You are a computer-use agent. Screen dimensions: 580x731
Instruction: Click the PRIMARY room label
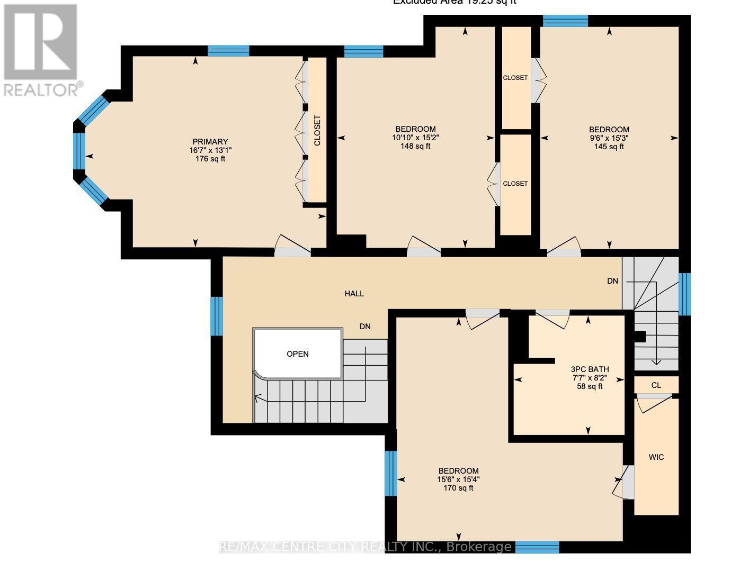pos(210,141)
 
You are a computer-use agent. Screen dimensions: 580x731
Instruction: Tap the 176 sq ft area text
pos(210,159)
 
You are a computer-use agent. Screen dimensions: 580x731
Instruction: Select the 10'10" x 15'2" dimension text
pos(415,138)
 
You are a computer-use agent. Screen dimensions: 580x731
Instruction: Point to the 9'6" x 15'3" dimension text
pos(609,138)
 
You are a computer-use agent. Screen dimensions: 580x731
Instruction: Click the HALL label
pos(354,294)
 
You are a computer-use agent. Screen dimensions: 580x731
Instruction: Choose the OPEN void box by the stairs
pos(297,354)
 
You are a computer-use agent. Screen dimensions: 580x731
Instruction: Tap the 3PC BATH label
pos(589,369)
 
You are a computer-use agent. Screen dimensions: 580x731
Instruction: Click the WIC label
pos(656,457)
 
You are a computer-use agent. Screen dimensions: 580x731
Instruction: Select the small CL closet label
pos(656,385)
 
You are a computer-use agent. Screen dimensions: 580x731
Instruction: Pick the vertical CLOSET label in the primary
pos(317,131)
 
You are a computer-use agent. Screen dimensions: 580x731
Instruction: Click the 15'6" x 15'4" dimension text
pos(458,479)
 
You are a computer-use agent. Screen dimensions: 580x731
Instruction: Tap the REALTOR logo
pos(41,50)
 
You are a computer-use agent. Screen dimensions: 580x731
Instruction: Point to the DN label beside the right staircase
pos(612,281)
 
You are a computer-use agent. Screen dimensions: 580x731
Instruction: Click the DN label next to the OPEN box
pos(364,327)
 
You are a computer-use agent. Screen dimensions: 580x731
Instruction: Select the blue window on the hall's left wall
pos(216,316)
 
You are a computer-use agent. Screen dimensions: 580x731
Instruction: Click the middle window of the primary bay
pos(79,151)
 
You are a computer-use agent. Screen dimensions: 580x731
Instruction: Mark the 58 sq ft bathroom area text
pos(589,386)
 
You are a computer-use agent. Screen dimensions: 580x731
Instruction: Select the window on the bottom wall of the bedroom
pos(537,547)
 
